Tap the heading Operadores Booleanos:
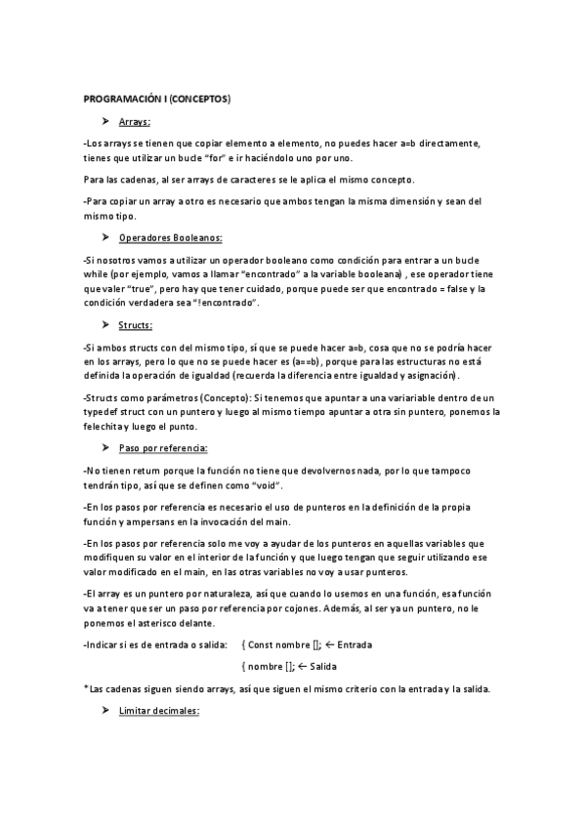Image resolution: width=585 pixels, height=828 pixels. point(170,238)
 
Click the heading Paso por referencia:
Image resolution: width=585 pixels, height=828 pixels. point(162,447)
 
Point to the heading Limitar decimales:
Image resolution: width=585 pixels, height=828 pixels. point(158,712)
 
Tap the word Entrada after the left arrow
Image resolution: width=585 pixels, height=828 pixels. point(355,645)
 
